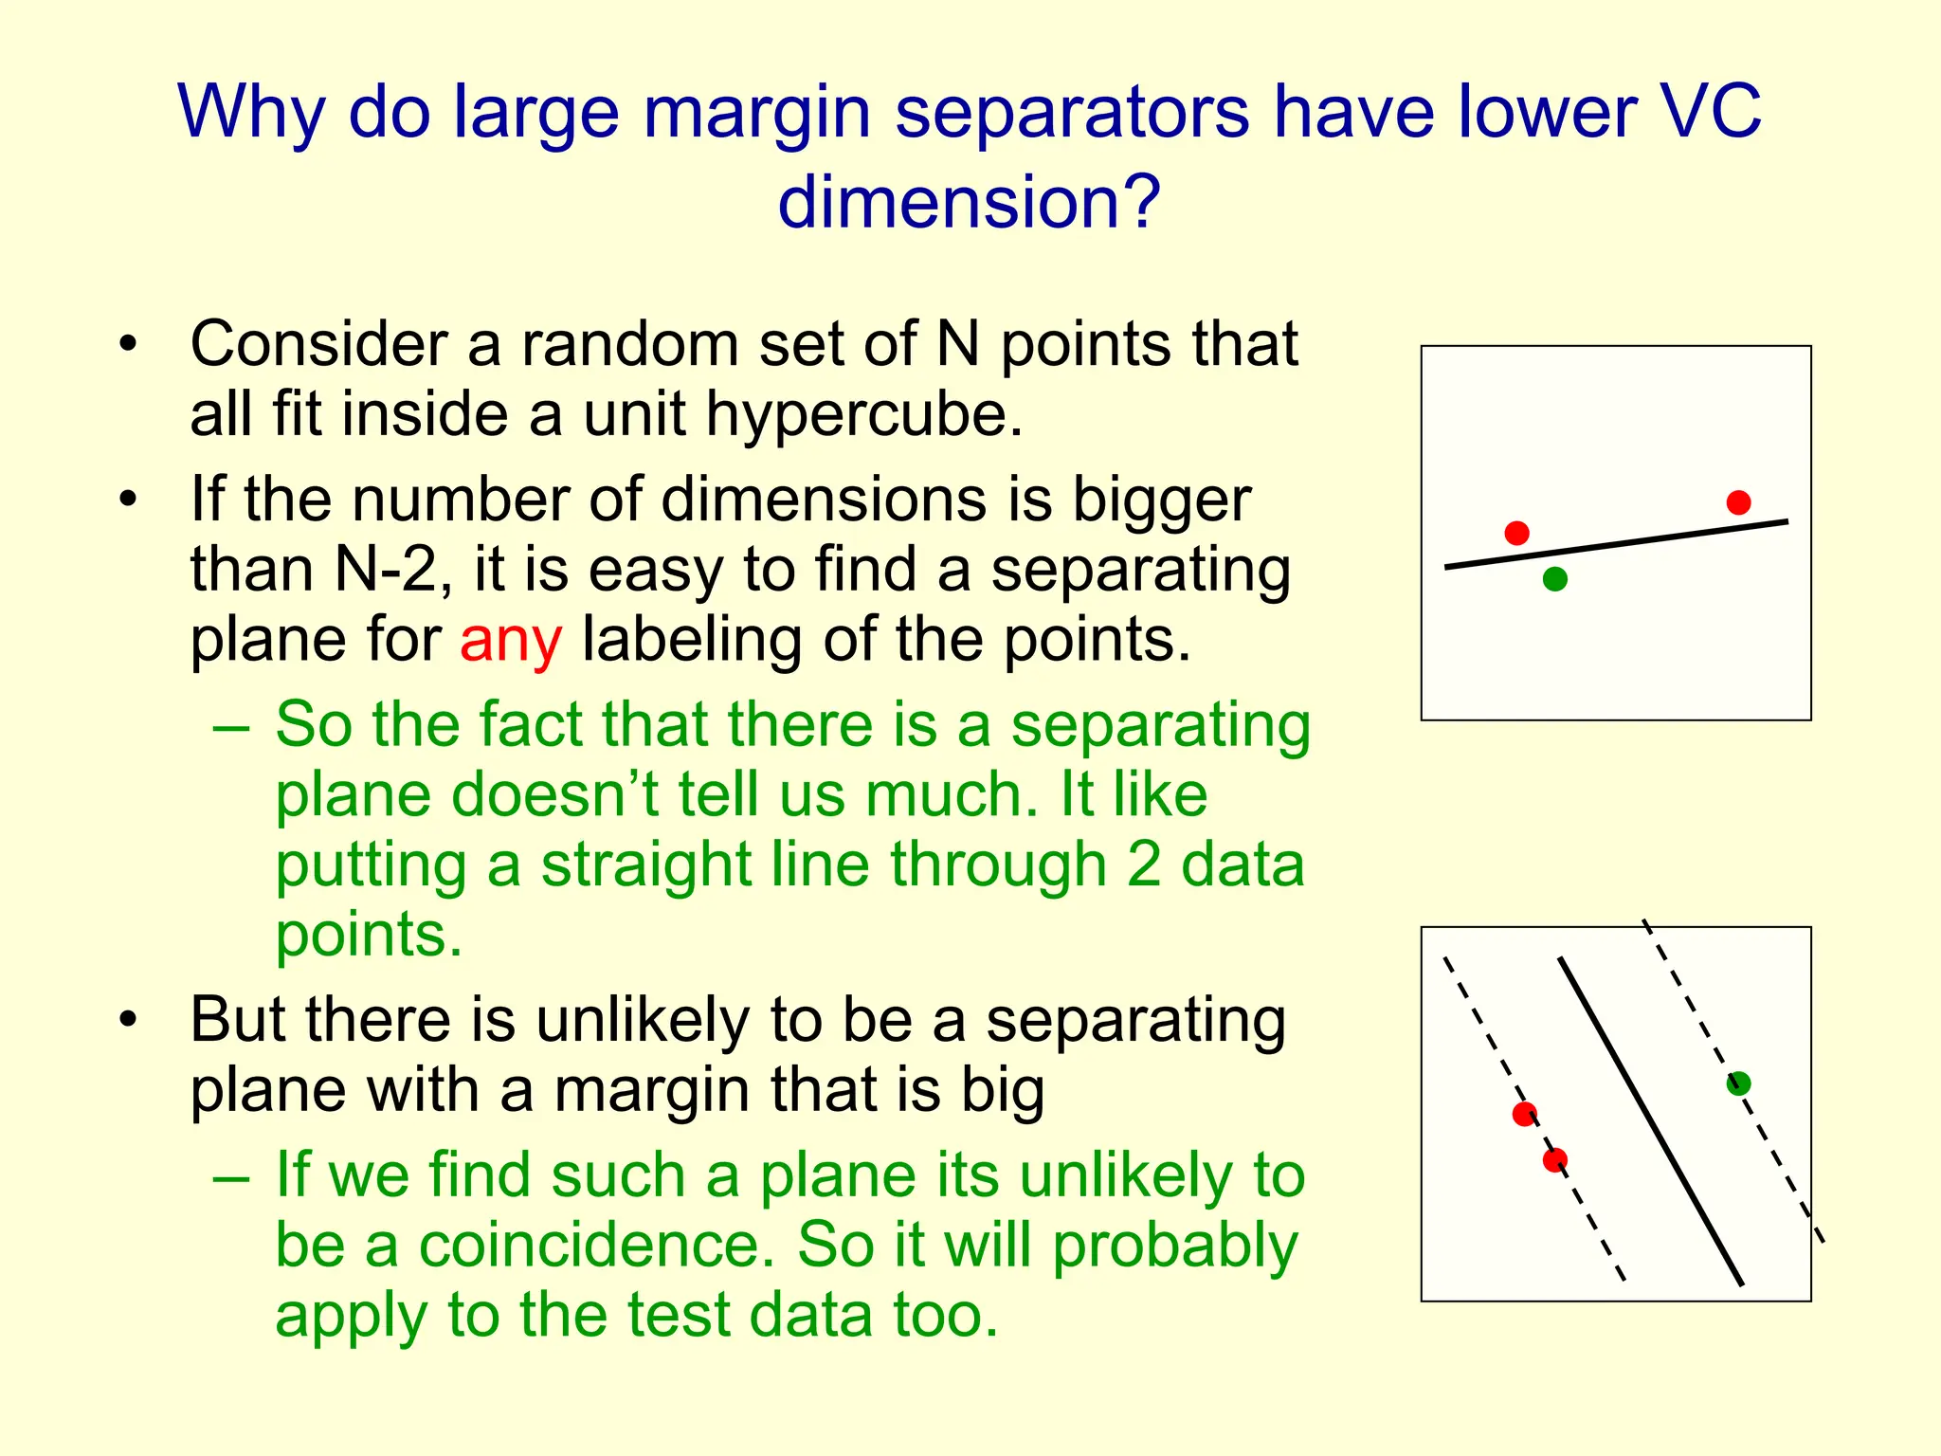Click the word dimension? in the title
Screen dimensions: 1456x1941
[969, 202]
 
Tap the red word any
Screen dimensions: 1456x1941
[511, 641]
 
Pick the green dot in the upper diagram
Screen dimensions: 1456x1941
[1554, 578]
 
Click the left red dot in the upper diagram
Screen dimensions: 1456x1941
[1516, 533]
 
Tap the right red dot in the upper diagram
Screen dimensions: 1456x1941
[1738, 502]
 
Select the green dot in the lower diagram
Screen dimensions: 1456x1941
[1738, 1083]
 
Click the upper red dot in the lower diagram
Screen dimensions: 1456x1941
[1524, 1114]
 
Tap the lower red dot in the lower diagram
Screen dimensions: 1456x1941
[1554, 1159]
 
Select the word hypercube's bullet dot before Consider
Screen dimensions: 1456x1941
[129, 345]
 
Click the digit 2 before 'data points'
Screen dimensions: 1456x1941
[1143, 865]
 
